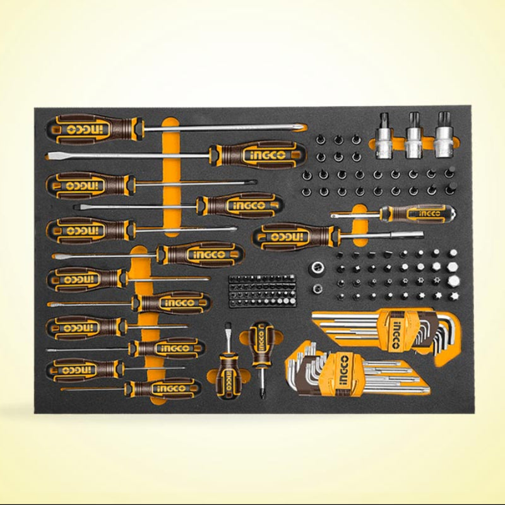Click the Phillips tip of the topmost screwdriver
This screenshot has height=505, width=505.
coord(302,127)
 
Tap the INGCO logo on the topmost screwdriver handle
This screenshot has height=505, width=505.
coord(89,129)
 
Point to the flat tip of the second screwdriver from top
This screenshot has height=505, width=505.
coord(49,156)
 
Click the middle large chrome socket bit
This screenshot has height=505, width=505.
coord(414,135)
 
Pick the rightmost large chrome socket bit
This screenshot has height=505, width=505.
coord(443,135)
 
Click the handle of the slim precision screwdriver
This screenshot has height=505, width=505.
coord(418,213)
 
